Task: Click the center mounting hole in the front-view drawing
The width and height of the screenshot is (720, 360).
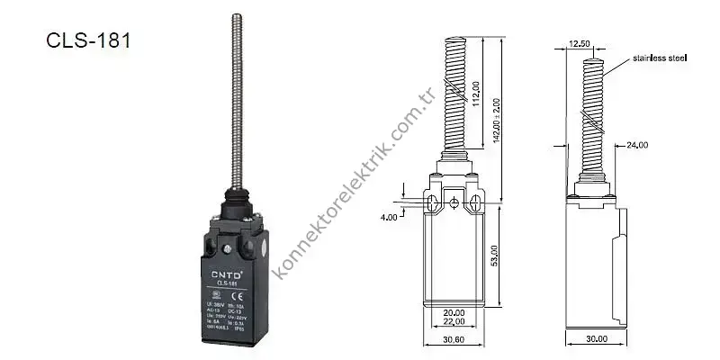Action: point(455,201)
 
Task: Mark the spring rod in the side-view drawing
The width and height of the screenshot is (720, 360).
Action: point(590,117)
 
